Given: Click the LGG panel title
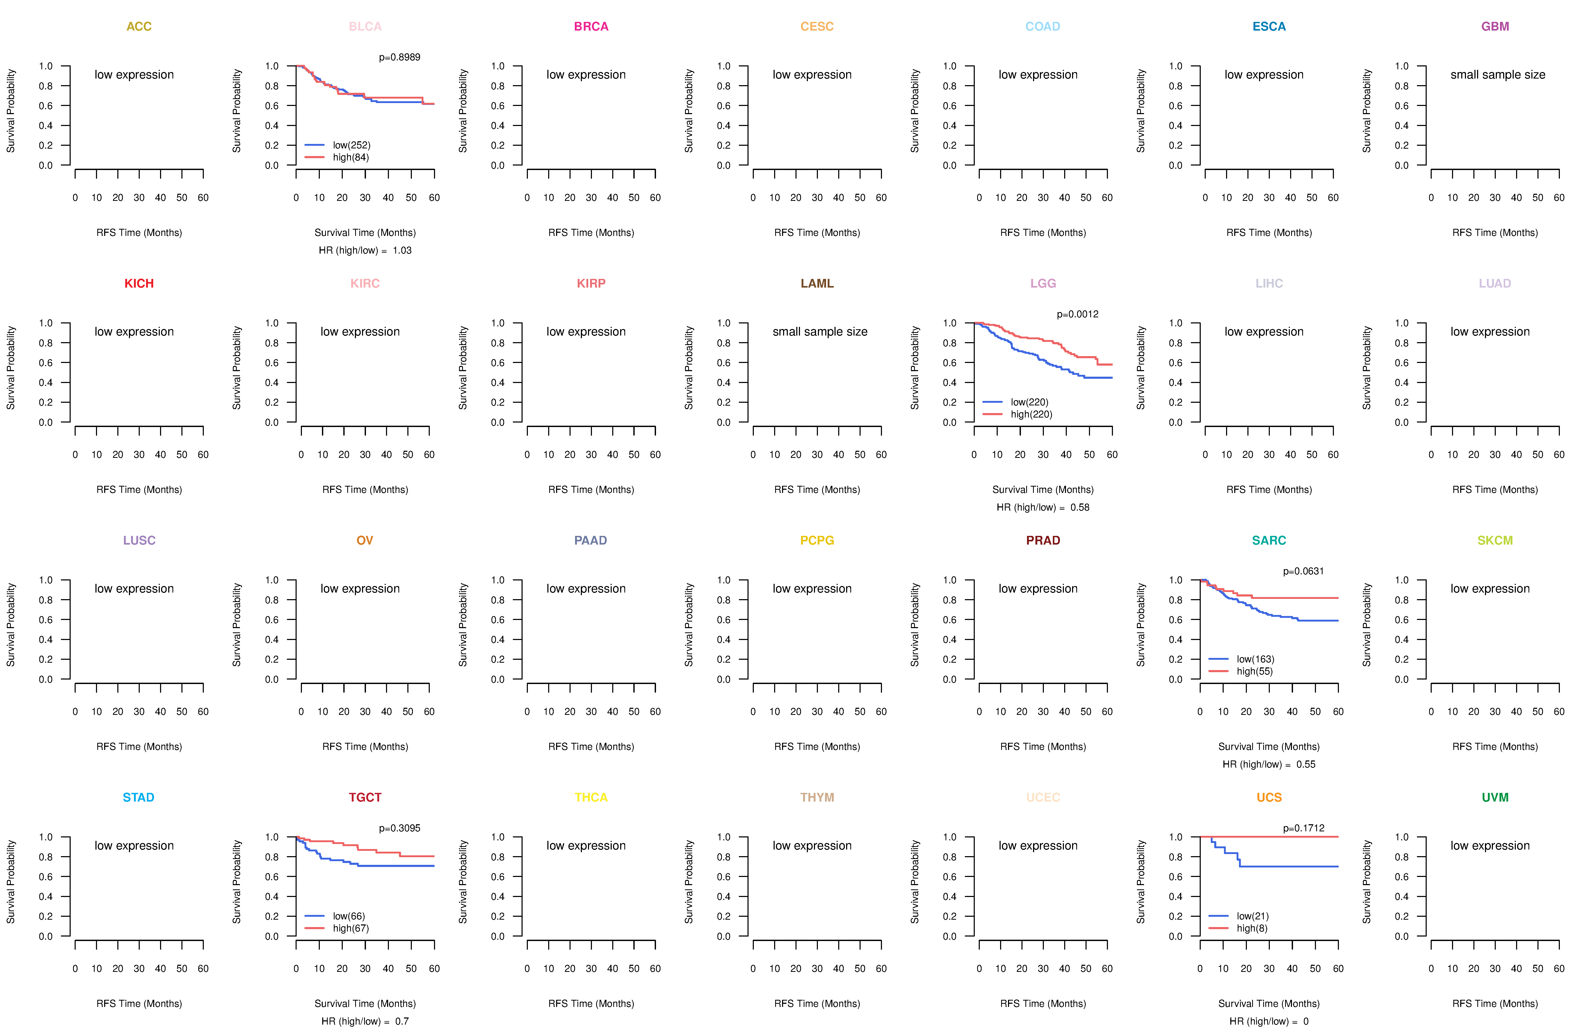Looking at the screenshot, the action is pos(1043,283).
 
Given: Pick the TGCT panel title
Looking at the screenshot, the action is pos(365,797).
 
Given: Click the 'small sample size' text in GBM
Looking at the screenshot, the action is pos(1498,74).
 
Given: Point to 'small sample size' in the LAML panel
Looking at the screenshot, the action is pos(819,332).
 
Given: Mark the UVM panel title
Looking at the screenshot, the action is pos(1495,797).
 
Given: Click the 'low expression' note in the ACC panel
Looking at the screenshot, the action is pos(134,74).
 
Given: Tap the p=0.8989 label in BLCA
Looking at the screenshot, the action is pos(399,57).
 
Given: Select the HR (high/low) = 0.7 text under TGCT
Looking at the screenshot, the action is pos(365,1021).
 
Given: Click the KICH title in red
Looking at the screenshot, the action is pos(139,283).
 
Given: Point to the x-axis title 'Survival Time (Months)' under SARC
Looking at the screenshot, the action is pos(1269,747).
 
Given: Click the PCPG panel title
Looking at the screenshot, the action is pos(817,540).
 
